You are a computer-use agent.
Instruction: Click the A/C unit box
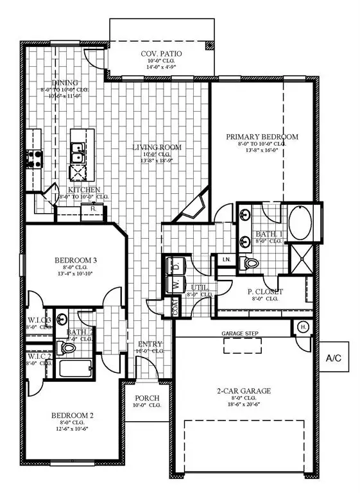338,358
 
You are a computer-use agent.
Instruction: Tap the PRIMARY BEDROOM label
263,137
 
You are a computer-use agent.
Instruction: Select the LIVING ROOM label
157,148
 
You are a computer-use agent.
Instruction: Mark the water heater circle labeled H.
302,327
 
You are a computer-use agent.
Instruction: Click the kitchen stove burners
34,158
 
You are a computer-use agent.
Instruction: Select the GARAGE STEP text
240,334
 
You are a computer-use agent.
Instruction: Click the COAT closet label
174,307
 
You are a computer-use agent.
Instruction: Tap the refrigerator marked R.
93,209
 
